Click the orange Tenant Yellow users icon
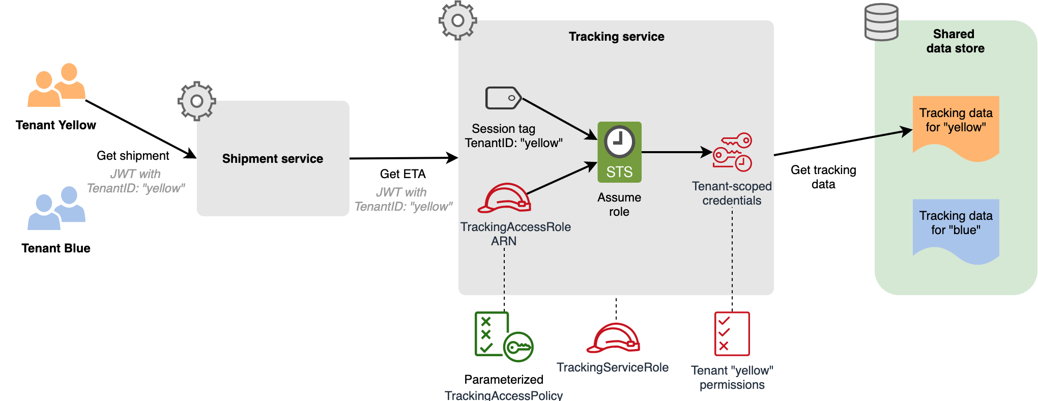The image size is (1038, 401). point(56,85)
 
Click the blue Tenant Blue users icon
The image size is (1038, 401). point(56,208)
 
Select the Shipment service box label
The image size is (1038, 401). point(273,159)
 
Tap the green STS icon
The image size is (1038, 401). point(619,152)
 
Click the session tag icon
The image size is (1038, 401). point(503,98)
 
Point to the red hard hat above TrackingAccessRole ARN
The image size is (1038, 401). point(504,198)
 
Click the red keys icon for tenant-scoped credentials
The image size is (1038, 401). point(732,152)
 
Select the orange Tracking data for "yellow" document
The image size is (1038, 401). point(956,127)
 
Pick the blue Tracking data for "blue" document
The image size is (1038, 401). point(956,230)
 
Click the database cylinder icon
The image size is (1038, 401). point(881,22)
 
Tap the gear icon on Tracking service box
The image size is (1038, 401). point(458,20)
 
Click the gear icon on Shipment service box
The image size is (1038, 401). point(197,101)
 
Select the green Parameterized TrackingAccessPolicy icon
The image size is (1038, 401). point(503,336)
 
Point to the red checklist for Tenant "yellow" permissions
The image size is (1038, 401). point(732,334)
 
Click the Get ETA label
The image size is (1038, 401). point(402,174)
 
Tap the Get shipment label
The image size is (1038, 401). point(133,156)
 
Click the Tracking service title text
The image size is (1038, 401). point(616,37)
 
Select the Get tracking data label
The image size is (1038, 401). point(823,177)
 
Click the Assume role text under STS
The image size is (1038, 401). point(619,205)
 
